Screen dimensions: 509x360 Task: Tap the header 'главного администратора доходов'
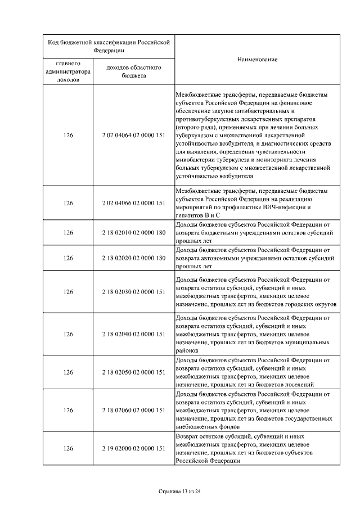(68, 71)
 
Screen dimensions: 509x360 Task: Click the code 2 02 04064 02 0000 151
(134, 136)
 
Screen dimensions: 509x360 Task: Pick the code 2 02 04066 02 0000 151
(134, 203)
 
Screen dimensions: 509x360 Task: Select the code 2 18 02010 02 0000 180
(134, 232)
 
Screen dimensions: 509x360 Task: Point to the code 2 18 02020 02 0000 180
(134, 258)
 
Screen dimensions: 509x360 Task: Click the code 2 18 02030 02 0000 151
(134, 292)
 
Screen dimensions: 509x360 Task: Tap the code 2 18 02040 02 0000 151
(134, 334)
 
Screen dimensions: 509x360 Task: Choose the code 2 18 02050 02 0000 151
(134, 372)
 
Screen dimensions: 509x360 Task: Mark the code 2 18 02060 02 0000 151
(134, 411)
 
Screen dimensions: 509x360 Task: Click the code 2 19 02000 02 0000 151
(134, 448)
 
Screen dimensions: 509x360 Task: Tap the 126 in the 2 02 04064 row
(68, 136)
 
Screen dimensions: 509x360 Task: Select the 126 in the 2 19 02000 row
(68, 448)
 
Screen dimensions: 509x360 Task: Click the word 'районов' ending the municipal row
(187, 350)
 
